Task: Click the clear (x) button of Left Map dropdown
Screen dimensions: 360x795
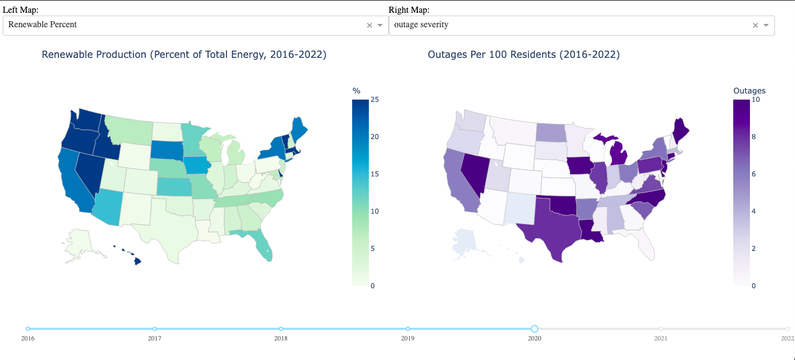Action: tap(369, 25)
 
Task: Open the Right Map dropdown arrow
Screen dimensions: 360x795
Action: tap(766, 25)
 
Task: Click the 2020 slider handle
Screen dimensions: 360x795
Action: tap(535, 329)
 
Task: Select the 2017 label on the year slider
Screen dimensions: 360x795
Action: tap(155, 338)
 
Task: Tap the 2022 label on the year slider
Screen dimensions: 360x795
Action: tap(787, 338)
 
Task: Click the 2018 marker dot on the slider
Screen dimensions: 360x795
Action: tap(281, 329)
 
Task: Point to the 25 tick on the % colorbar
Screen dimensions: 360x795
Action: tap(374, 100)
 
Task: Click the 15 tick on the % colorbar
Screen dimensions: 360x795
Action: tap(374, 174)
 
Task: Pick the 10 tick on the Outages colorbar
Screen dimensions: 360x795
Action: tap(756, 100)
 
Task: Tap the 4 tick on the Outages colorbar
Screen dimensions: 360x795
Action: tap(753, 211)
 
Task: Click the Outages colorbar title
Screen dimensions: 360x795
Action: tap(749, 90)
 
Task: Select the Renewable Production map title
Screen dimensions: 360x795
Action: tap(184, 55)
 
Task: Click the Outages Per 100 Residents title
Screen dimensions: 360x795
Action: tap(524, 55)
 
